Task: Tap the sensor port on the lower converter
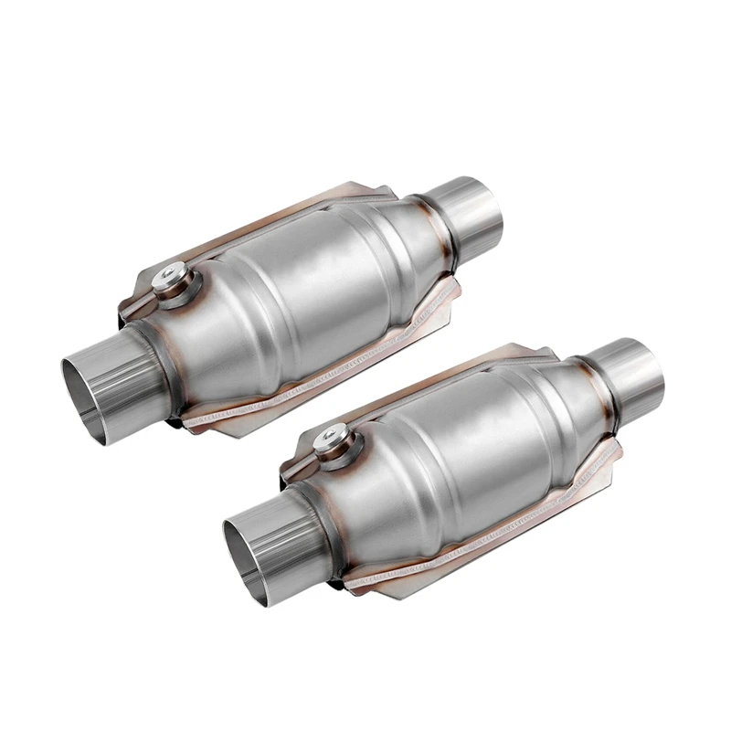pos(328,443)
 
